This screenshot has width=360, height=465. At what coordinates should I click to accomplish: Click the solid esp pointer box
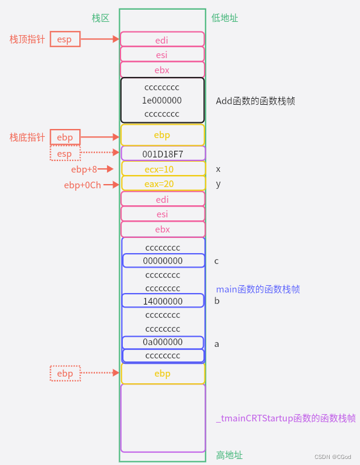point(65,39)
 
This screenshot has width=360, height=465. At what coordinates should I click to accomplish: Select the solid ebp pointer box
point(65,137)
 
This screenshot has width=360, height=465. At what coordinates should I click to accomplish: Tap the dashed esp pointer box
point(65,154)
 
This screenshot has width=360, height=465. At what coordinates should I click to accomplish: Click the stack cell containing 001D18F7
point(163,154)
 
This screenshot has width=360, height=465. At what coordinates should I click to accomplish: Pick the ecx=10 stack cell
point(163,169)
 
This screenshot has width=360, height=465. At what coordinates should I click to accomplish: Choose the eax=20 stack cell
point(163,183)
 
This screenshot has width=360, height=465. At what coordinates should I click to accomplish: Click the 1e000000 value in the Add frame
point(162,101)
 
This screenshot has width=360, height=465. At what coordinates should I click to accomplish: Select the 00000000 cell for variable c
point(163,260)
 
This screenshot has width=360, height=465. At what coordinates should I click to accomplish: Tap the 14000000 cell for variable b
point(163,301)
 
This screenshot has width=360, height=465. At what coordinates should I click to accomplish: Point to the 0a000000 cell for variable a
point(163,342)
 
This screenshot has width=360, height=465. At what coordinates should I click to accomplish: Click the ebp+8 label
point(84,169)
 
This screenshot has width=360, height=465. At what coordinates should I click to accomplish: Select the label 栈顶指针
point(27,39)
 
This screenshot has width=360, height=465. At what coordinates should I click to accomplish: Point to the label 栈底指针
point(27,137)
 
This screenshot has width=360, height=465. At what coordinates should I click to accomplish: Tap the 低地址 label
point(225,18)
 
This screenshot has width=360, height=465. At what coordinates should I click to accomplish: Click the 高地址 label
point(229,455)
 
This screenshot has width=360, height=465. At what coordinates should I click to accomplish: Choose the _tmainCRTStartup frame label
point(286,418)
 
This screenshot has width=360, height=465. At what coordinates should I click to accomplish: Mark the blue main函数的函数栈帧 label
point(258,289)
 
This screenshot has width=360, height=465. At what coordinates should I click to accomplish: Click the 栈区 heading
point(100,18)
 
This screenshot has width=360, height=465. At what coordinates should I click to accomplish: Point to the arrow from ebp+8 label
point(106,169)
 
